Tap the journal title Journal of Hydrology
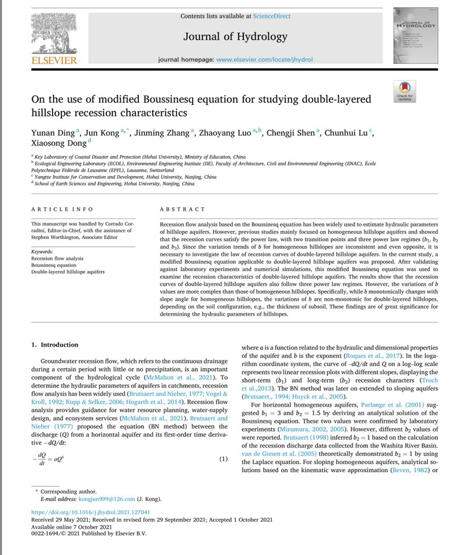[235, 37]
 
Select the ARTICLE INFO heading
[61, 209]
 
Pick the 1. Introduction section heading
[55, 345]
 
